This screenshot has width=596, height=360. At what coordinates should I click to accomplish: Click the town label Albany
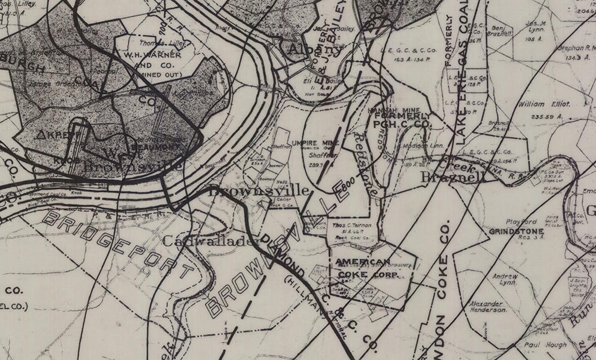[315, 49]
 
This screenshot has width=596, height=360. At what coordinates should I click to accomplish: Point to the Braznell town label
[453, 177]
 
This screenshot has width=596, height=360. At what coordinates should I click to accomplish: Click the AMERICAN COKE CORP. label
[367, 268]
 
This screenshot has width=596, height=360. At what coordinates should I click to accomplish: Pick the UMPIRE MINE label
[315, 143]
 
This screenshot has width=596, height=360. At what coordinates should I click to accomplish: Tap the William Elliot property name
[539, 104]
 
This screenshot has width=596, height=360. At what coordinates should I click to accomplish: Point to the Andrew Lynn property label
[505, 279]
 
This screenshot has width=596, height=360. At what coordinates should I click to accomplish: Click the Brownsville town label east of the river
[259, 191]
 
